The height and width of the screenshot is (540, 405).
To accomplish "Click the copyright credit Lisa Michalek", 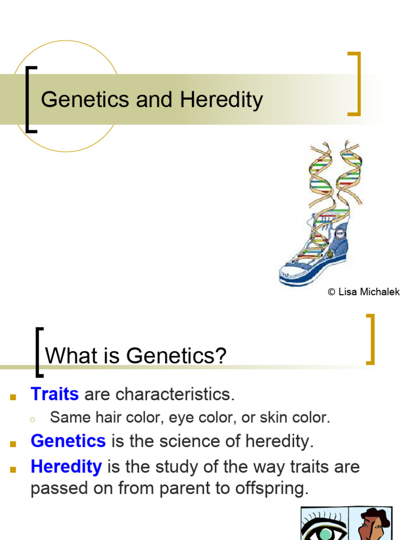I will click(x=363, y=292).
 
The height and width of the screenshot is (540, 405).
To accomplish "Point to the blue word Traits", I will click(x=55, y=393).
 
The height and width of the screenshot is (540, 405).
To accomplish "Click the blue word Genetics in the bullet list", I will click(x=68, y=441).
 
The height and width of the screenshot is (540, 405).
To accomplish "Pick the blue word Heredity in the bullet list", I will click(x=66, y=466).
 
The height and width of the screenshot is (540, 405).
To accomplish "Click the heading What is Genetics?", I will click(x=136, y=356).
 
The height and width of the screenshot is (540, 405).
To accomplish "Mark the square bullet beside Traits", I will click(x=14, y=396).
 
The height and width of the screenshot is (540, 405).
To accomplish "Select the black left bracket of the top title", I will click(x=30, y=99).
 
